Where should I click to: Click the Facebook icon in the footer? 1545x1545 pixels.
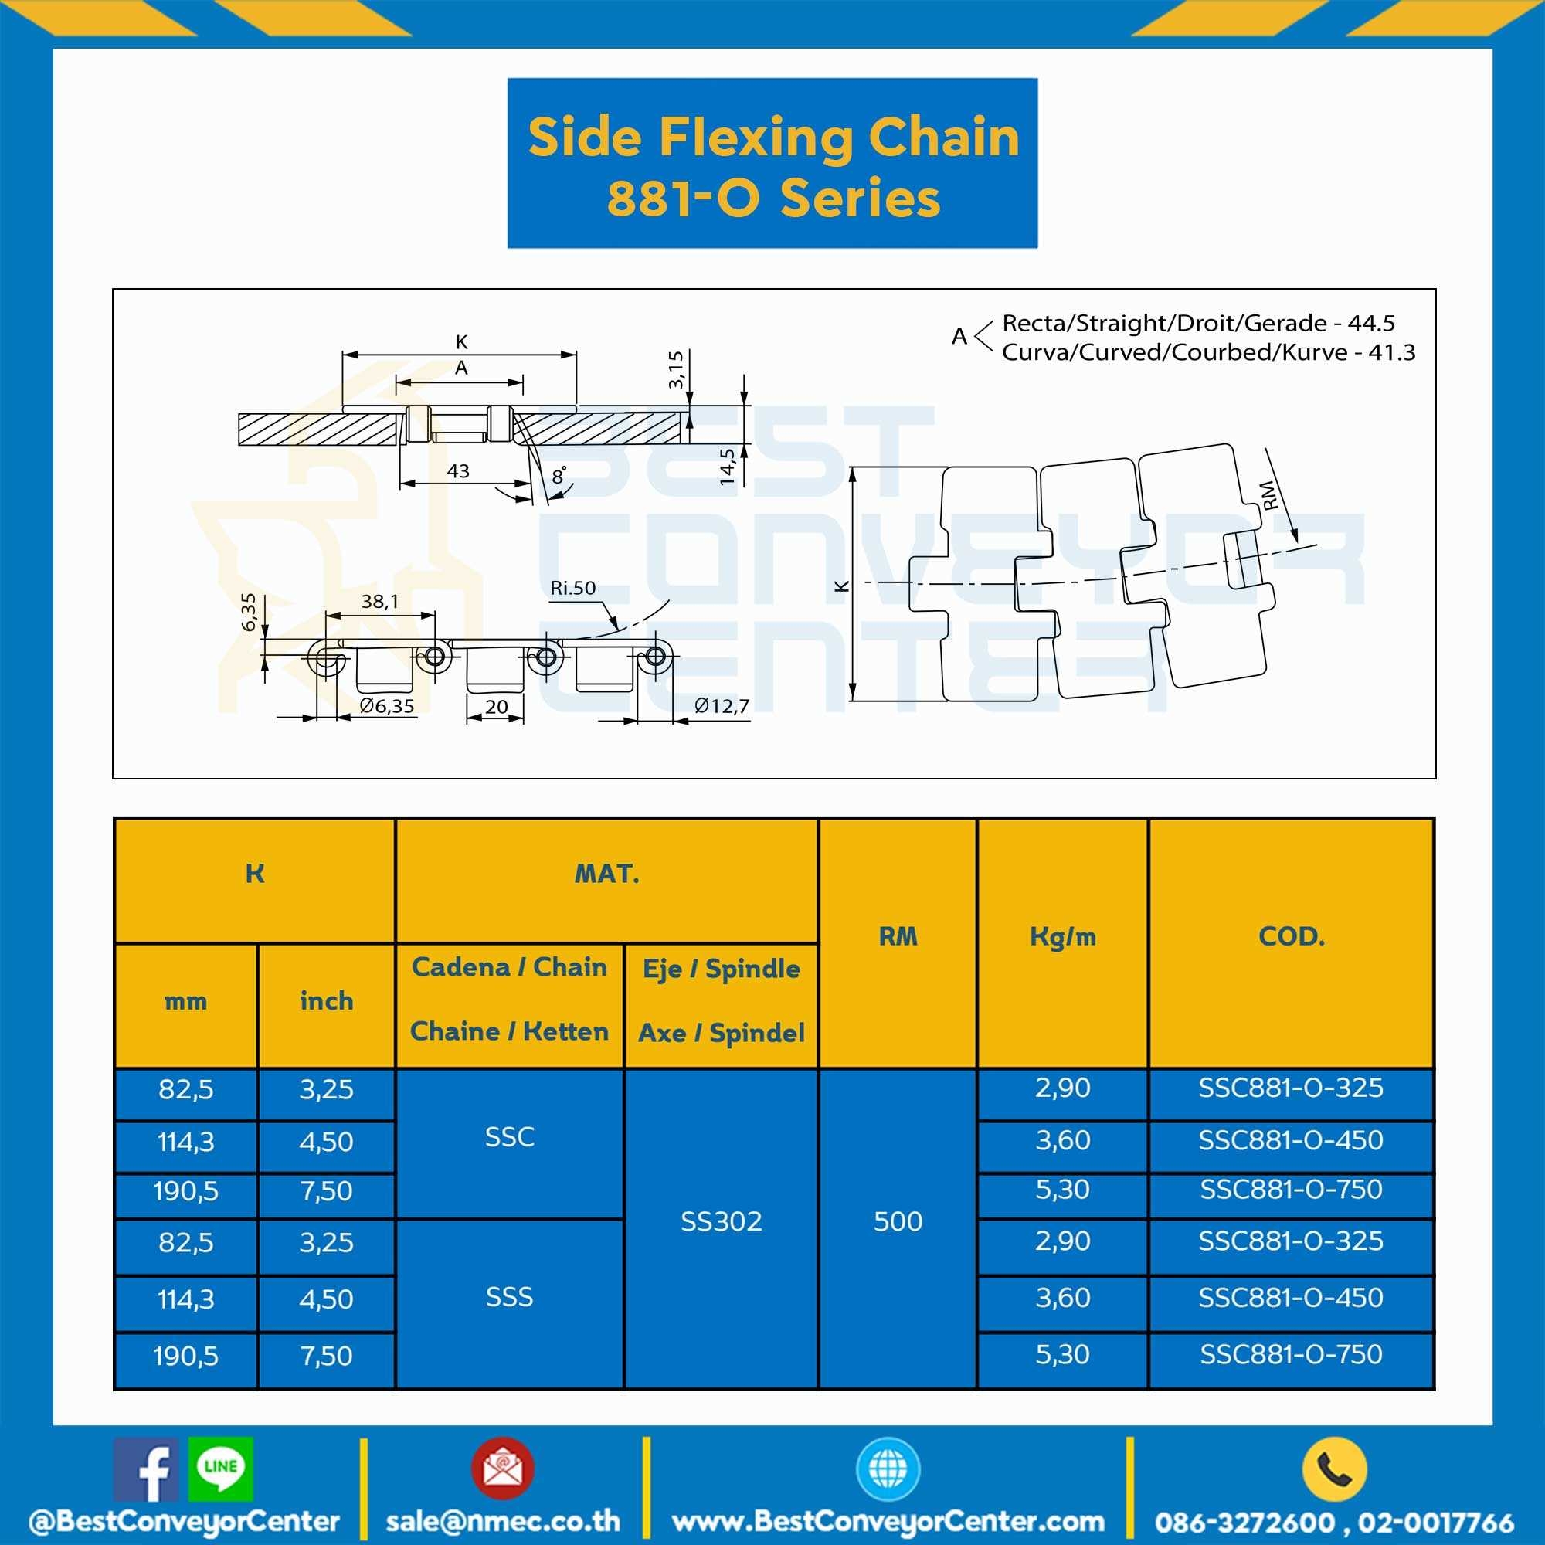pyautogui.click(x=144, y=1469)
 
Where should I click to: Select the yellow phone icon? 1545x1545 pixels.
pyautogui.click(x=1334, y=1469)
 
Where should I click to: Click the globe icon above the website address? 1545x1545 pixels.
pyautogui.click(x=888, y=1469)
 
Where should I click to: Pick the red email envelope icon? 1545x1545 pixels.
pyautogui.click(x=502, y=1469)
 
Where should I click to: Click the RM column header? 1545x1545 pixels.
pyautogui.click(x=897, y=936)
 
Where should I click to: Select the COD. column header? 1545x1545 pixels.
pyautogui.click(x=1291, y=936)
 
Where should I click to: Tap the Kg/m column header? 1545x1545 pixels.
pyautogui.click(x=1062, y=937)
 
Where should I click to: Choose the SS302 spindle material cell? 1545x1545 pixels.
pyautogui.click(x=721, y=1221)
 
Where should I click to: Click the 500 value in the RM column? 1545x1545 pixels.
pyautogui.click(x=897, y=1221)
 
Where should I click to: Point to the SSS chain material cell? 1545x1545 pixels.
pyautogui.click(x=509, y=1296)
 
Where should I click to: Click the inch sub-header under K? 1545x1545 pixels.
pyautogui.click(x=326, y=1000)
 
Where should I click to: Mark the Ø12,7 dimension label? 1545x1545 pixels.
pyautogui.click(x=722, y=705)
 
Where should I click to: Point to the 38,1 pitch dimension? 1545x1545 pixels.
pyautogui.click(x=379, y=601)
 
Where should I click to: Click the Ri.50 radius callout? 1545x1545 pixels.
pyautogui.click(x=572, y=588)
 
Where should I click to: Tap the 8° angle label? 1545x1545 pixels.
pyautogui.click(x=559, y=476)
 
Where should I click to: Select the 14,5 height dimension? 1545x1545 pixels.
pyautogui.click(x=727, y=467)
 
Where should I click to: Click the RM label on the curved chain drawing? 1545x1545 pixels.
pyautogui.click(x=1268, y=495)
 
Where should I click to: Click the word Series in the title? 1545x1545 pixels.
pyautogui.click(x=860, y=199)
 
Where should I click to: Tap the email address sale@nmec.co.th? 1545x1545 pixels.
pyautogui.click(x=502, y=1520)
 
